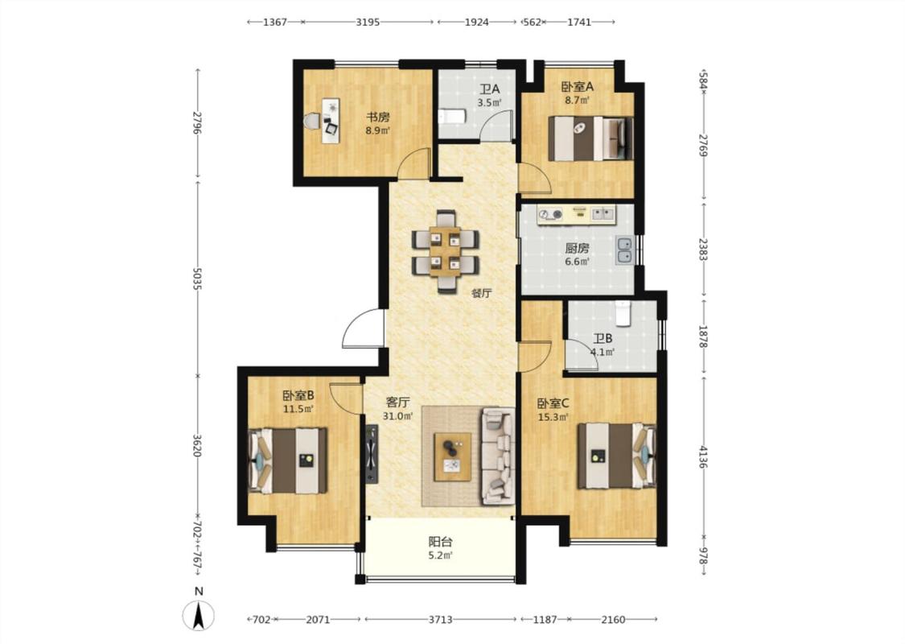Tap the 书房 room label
pos(378,118)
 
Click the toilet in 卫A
pos(451,117)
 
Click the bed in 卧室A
pos(590,138)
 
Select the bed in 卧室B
pos(287,460)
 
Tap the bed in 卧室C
pos(617,456)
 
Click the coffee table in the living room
pos(453,456)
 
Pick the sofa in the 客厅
pos(498,455)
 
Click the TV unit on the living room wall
pos(372,454)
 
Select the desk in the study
pos(330,121)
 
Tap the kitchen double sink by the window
pos(624,250)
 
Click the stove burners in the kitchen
pos(550,215)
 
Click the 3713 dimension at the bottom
pos(440,620)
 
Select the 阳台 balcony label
pos(440,542)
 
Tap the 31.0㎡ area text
pos(397,416)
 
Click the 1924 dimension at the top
pos(477,22)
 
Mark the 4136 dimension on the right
pos(703,456)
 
